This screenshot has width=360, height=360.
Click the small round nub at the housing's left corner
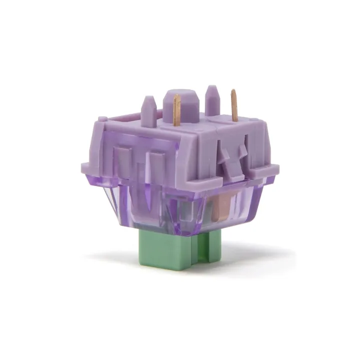[x=102, y=119]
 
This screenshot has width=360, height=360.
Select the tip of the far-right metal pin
[x=233, y=91]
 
